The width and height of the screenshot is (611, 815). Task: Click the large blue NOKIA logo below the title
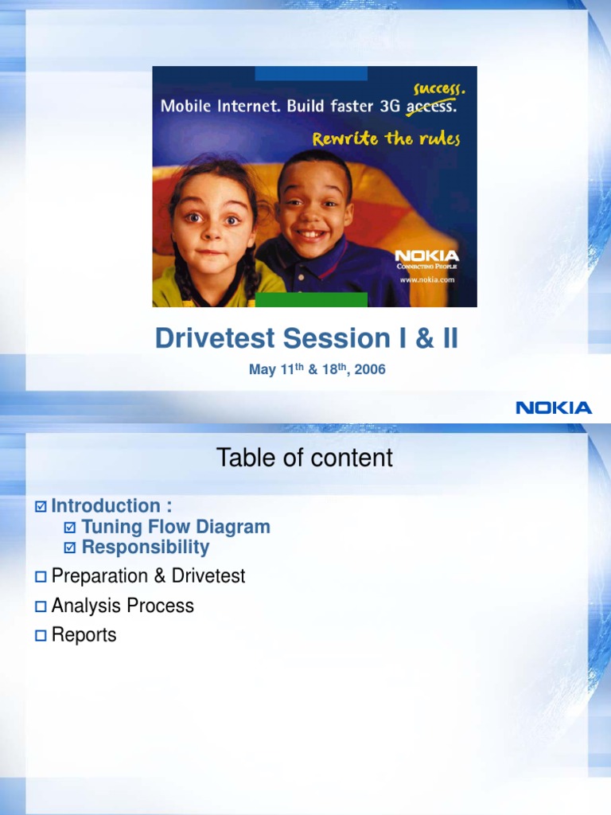554,407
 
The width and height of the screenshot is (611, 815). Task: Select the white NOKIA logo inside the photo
427,255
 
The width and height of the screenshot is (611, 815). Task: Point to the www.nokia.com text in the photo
426,279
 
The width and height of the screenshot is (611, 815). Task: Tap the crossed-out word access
431,107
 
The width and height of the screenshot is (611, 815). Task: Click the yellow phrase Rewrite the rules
386,138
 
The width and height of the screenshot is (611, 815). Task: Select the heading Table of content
305,458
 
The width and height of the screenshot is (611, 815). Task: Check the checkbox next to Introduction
41,507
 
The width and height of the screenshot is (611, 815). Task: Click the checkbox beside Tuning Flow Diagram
70,527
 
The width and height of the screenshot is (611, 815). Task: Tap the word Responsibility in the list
146,547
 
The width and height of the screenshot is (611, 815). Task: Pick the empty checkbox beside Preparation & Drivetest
41,577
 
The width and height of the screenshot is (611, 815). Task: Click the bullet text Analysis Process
123,606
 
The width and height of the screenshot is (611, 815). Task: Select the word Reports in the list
84,635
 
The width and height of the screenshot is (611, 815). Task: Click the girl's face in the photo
211,223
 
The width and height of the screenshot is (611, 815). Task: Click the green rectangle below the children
311,299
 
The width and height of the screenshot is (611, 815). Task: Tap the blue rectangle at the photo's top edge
311,73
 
